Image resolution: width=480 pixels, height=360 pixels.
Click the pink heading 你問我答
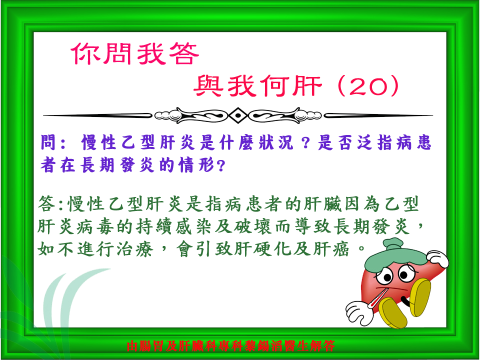tap(135, 53)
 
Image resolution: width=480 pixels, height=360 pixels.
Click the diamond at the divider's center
tap(238, 115)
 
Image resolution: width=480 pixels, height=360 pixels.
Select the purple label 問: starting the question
tap(53, 142)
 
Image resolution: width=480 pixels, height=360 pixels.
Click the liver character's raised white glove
tap(438, 258)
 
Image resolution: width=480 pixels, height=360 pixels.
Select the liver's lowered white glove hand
tap(359, 312)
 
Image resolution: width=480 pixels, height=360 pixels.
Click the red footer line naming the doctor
tap(230, 346)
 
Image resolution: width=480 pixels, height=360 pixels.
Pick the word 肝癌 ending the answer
tap(331, 249)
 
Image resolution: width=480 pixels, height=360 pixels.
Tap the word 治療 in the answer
tap(135, 249)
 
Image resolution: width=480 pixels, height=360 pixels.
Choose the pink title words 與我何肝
tap(258, 86)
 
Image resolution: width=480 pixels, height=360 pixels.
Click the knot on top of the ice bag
tap(393, 243)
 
